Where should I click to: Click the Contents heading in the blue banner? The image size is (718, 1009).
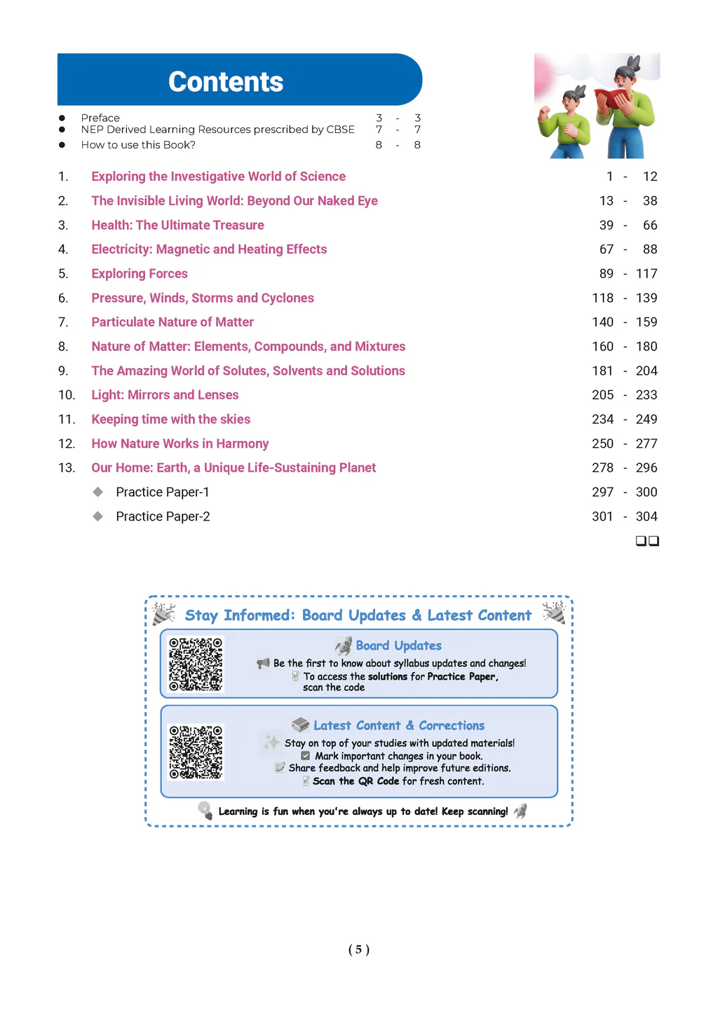226,82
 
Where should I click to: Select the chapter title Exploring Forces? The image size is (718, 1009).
140,273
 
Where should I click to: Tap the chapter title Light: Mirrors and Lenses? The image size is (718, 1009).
165,395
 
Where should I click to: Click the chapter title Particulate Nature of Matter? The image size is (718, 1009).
172,322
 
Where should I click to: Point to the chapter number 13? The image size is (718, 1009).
67,468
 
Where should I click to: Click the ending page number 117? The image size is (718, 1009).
646,273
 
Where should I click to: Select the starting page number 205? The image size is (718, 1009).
602,395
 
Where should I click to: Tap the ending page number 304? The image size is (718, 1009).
646,516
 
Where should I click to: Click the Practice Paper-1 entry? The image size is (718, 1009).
163,493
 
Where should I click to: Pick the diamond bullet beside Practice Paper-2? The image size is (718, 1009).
98,516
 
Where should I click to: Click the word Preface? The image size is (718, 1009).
100,118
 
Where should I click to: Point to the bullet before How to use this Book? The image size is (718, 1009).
62,145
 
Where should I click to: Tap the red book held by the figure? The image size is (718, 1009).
611,99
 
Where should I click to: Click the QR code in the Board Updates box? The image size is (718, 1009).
196,664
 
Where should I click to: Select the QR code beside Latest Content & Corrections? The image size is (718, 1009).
196,752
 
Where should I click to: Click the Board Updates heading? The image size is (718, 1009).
398,645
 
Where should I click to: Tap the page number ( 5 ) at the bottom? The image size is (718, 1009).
358,949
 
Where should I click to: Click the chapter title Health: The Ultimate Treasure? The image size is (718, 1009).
177,225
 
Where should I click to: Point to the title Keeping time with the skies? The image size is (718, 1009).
170,420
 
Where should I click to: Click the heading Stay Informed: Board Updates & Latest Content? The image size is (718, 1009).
358,615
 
